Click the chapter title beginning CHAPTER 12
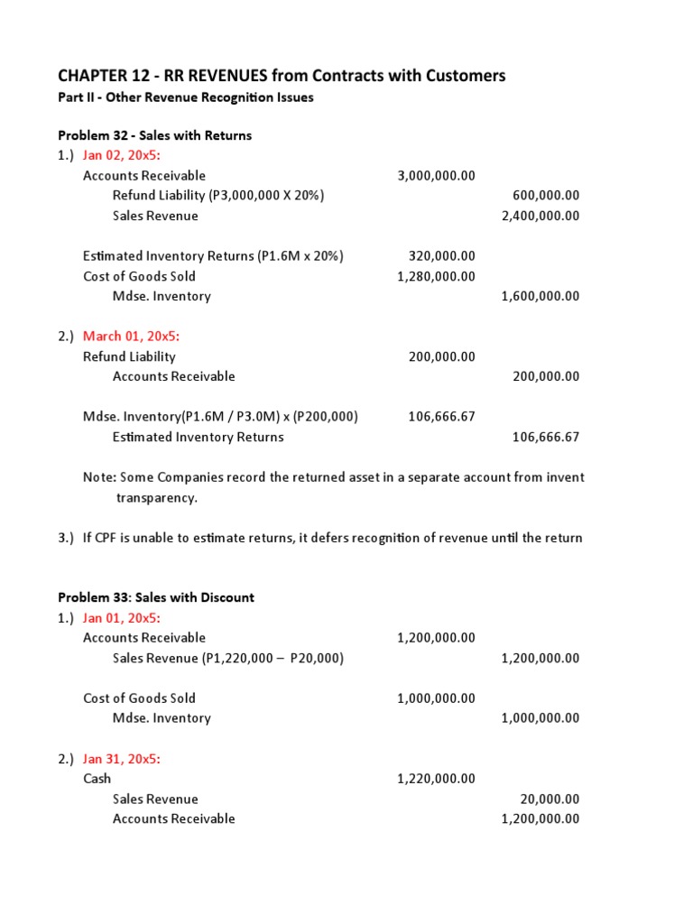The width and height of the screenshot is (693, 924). click(x=282, y=76)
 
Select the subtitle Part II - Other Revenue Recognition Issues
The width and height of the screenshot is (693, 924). click(x=186, y=97)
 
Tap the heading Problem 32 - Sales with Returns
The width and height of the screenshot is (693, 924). click(x=155, y=135)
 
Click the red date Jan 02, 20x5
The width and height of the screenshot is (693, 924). click(x=122, y=155)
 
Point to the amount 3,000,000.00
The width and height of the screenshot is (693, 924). click(x=436, y=176)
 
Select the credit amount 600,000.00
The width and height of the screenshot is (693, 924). click(x=546, y=196)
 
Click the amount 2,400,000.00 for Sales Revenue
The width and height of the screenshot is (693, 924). click(x=540, y=216)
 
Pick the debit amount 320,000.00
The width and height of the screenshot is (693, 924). click(x=441, y=256)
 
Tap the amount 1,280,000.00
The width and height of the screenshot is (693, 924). click(x=436, y=276)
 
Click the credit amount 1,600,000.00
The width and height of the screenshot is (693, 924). click(x=540, y=296)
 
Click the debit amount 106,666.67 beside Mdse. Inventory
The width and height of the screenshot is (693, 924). click(x=441, y=417)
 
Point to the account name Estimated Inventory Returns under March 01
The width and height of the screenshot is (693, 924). click(x=198, y=437)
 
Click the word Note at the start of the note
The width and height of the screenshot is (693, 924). click(x=98, y=477)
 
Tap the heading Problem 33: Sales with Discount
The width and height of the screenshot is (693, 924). click(x=156, y=597)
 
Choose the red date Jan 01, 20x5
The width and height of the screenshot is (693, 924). click(x=122, y=618)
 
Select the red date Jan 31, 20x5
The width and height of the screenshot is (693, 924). click(x=122, y=759)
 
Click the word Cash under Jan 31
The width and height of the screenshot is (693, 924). click(x=97, y=779)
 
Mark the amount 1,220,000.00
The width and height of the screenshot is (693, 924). click(x=436, y=779)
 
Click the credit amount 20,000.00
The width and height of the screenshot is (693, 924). click(x=550, y=799)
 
